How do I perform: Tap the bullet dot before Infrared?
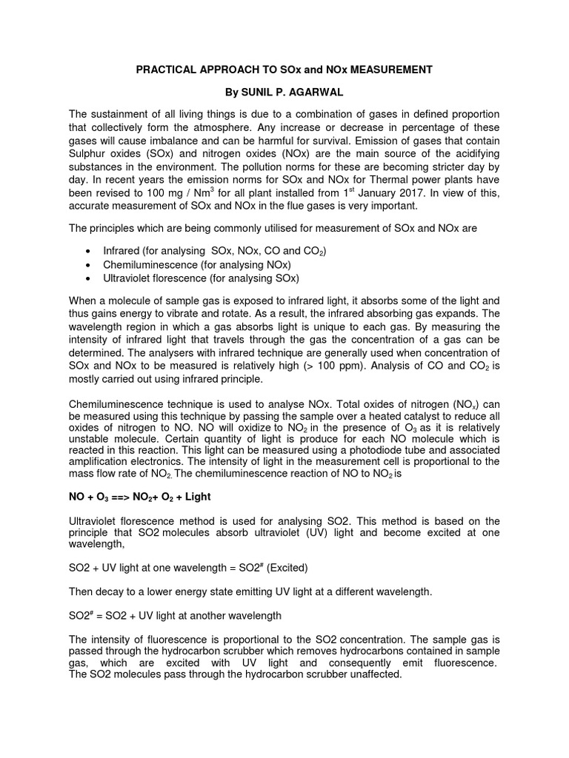(x=89, y=252)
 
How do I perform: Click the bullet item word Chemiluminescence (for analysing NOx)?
(x=150, y=265)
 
